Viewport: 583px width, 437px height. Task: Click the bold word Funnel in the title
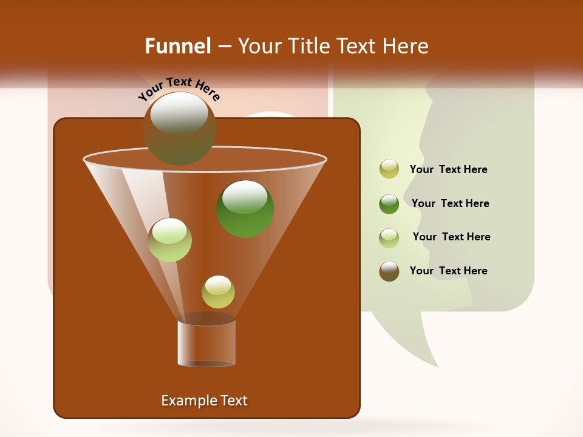pos(178,46)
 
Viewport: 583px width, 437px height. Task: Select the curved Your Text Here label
pos(179,89)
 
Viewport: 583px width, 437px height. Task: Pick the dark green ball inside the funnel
pos(245,208)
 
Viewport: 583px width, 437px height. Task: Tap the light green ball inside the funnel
pos(169,240)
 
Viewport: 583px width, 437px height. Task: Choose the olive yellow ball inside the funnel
pos(218,291)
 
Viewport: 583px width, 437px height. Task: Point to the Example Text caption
pos(205,401)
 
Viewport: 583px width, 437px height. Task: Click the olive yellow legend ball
pos(389,169)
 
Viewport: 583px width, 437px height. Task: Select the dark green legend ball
pos(389,203)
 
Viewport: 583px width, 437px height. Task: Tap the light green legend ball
pos(389,237)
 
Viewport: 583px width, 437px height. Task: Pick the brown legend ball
pos(389,271)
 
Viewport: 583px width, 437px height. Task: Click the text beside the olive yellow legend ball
pos(448,170)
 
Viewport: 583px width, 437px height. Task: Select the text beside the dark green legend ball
pos(450,204)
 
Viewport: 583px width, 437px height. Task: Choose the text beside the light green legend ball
pos(451,237)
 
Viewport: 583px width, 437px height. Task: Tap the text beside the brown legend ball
pos(448,271)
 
